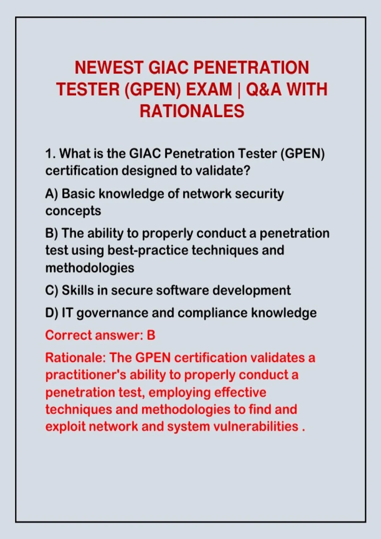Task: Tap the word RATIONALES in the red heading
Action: tap(192, 111)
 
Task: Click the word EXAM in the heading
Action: tap(209, 89)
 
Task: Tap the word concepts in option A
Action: tap(73, 211)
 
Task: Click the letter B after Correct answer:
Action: tap(151, 335)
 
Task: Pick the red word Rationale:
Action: tap(76, 358)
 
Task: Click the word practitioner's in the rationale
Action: tap(85, 375)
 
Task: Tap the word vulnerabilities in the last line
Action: tap(256, 427)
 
